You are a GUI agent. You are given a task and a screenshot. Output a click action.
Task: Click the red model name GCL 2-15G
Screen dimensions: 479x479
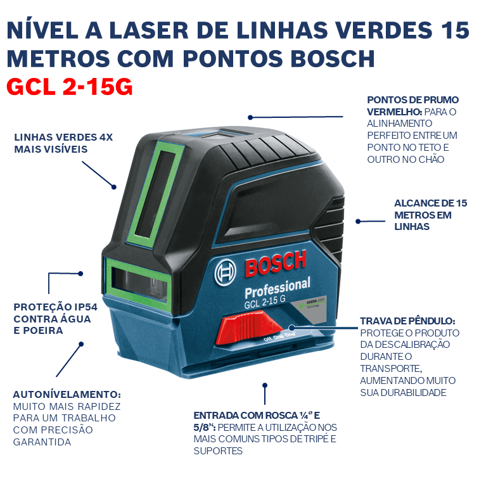pos(70,86)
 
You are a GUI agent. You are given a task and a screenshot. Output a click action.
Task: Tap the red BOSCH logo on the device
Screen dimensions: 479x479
pos(276,264)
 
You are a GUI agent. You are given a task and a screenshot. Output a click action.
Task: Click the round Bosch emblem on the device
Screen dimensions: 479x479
pos(226,272)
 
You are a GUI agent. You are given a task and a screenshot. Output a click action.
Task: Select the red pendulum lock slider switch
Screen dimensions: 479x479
pos(249,327)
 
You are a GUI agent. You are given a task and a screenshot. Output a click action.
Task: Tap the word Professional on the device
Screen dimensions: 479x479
pos(278,288)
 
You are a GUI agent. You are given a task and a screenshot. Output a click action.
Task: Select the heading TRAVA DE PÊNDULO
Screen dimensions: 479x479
pos(407,321)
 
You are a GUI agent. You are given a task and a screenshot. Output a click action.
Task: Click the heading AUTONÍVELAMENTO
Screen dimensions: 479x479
pos(67,394)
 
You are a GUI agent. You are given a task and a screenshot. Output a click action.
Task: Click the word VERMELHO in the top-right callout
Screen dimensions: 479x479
pos(395,112)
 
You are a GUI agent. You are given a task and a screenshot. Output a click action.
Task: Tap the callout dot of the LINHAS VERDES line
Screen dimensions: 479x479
pos(114,187)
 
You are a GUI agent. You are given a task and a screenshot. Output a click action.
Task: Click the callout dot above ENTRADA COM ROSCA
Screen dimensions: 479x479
pos(265,385)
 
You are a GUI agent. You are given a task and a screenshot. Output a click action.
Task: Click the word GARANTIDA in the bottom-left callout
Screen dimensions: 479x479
pos(42,442)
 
